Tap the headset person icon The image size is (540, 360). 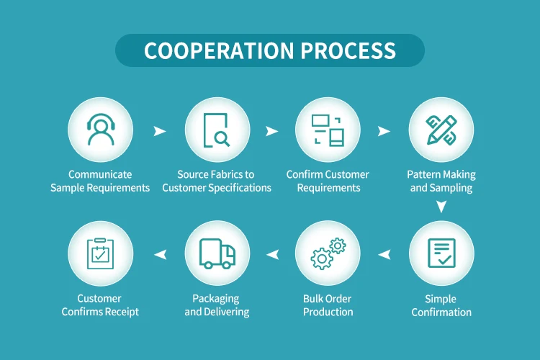(x=100, y=130)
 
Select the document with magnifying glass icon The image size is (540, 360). (x=217, y=130)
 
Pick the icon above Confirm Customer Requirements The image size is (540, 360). (x=328, y=130)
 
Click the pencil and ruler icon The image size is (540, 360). (x=441, y=130)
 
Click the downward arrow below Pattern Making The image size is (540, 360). (x=441, y=207)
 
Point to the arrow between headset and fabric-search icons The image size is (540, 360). (x=159, y=131)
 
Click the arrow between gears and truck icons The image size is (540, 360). (x=272, y=253)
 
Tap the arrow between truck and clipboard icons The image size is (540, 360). (x=159, y=253)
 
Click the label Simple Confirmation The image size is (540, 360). (x=441, y=305)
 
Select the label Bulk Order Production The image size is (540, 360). (x=328, y=305)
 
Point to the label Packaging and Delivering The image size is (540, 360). (x=217, y=305)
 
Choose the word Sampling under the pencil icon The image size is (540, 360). (x=452, y=188)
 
